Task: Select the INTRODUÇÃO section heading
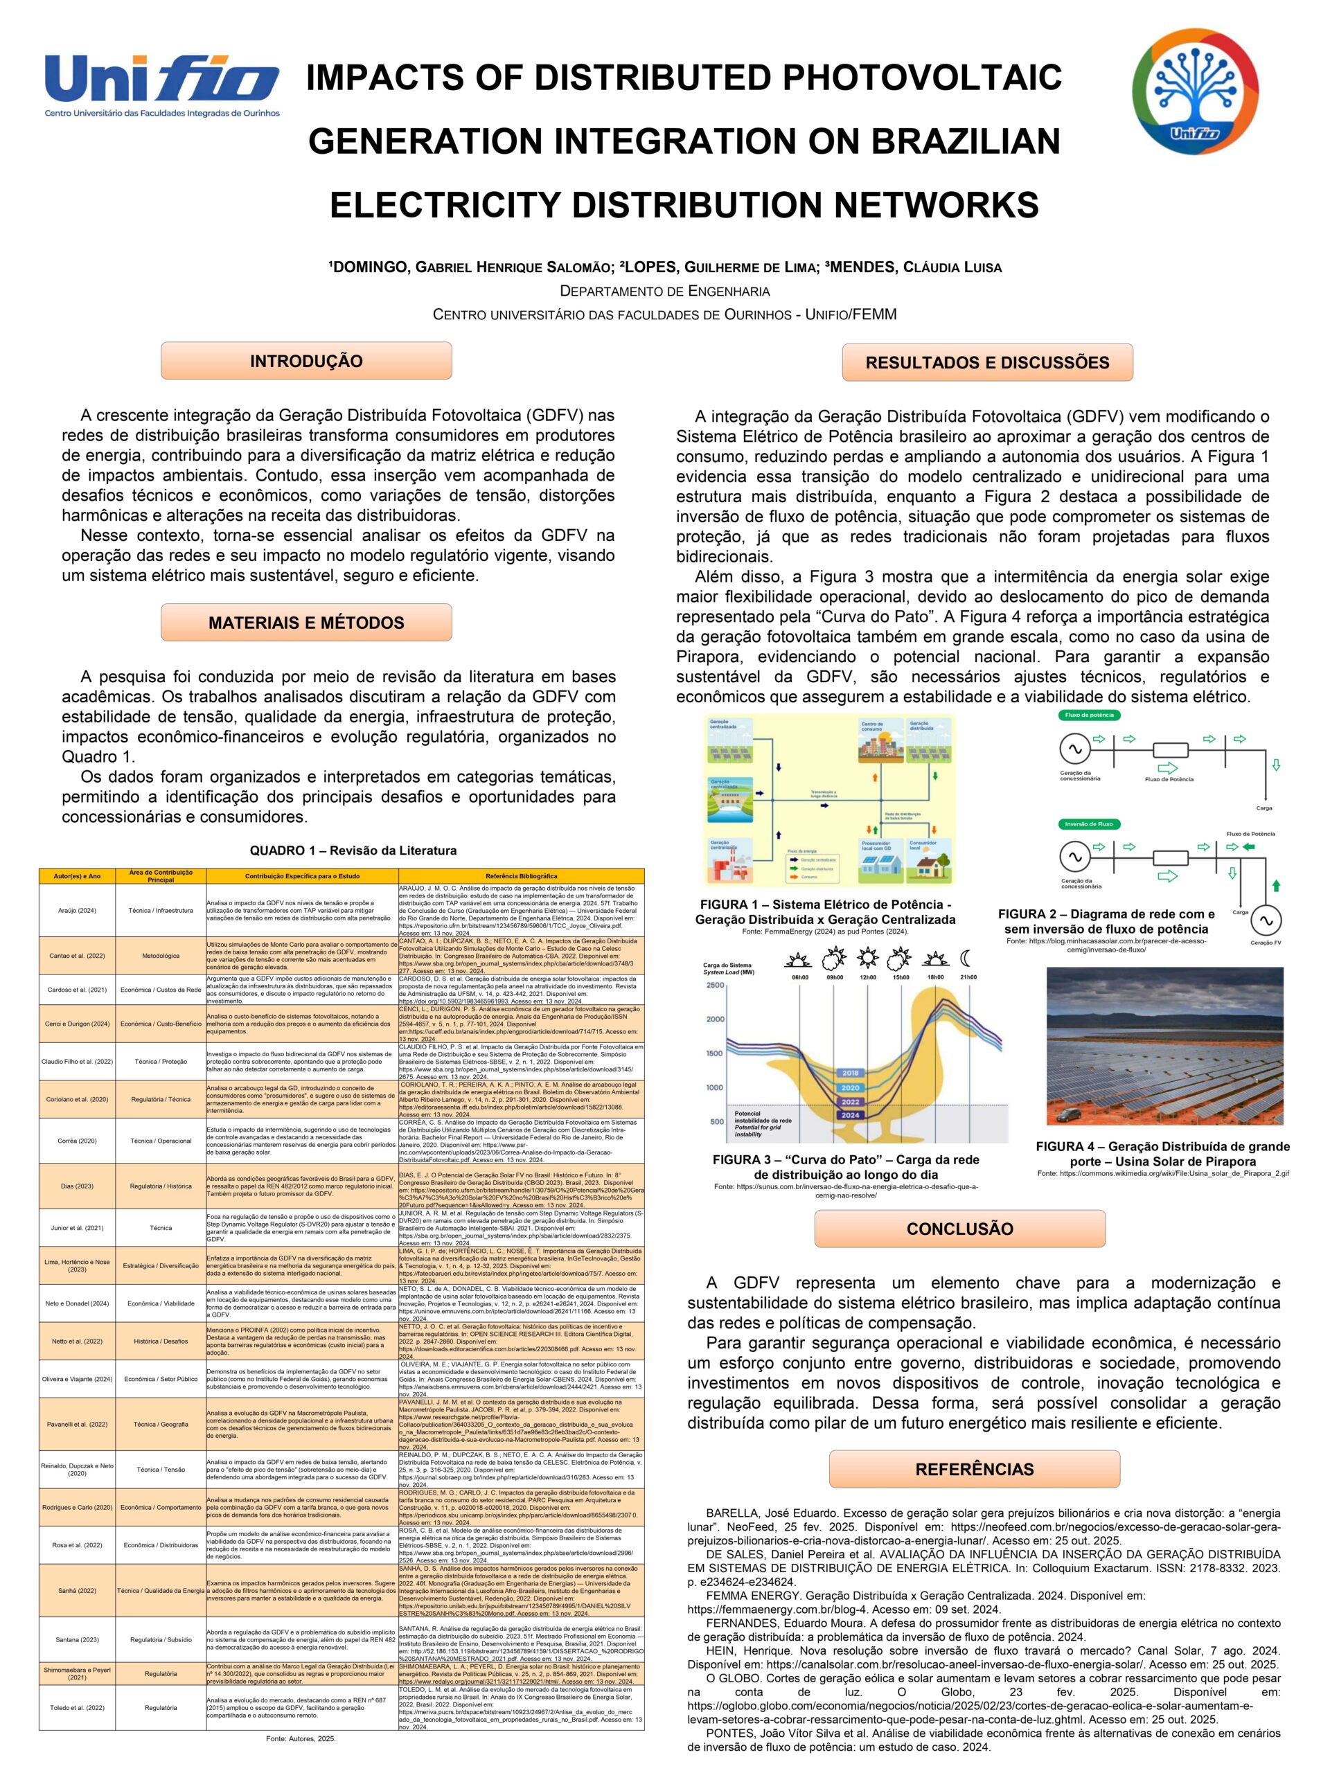tap(306, 361)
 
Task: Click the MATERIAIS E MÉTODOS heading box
tap(306, 623)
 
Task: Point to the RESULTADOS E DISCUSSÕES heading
tap(987, 362)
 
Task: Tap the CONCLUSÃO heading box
tap(959, 1229)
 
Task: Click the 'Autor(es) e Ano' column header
tap(77, 876)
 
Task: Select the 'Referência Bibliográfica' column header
tap(521, 876)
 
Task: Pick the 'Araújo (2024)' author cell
tap(77, 911)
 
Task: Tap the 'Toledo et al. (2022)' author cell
tap(77, 1707)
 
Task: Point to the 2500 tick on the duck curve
tap(715, 985)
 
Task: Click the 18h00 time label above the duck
tap(934, 977)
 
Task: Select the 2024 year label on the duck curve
tap(850, 1115)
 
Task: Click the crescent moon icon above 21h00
tap(968, 957)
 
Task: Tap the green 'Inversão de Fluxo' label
tap(1089, 824)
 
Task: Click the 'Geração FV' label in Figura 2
tap(1265, 943)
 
